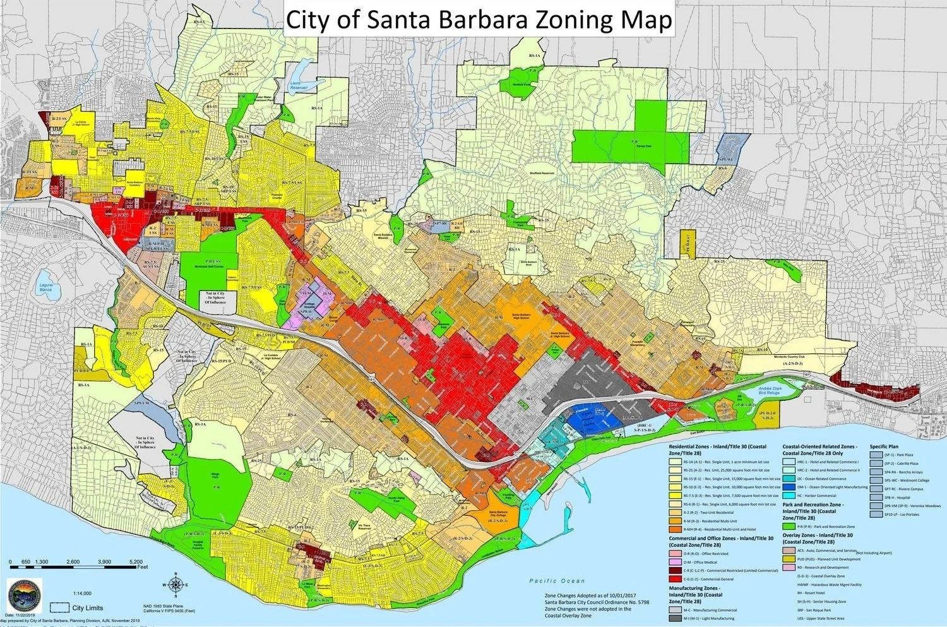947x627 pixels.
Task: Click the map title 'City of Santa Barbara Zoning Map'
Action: click(479, 20)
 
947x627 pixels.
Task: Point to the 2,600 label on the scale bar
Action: click(73, 561)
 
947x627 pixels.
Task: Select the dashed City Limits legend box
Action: click(59, 607)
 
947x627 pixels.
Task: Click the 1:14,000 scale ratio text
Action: click(82, 594)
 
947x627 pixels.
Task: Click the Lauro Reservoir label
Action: click(298, 85)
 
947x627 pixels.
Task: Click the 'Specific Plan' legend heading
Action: click(884, 446)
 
